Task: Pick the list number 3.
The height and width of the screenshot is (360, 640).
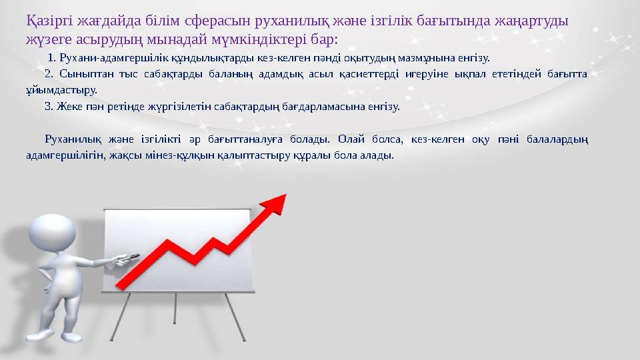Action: click(47, 105)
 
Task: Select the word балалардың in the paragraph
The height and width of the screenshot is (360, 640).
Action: click(557, 139)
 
